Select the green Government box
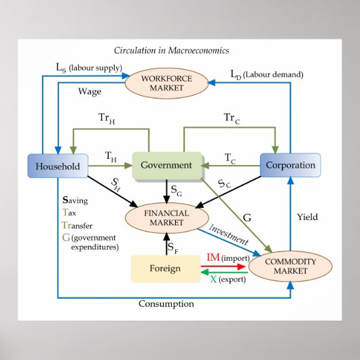click(166, 165)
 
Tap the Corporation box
click(290, 165)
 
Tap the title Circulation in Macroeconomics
click(171, 50)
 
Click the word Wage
click(90, 90)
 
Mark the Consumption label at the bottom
click(166, 304)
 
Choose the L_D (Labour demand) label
click(266, 73)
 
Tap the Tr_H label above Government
click(107, 118)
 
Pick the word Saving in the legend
click(75, 201)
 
